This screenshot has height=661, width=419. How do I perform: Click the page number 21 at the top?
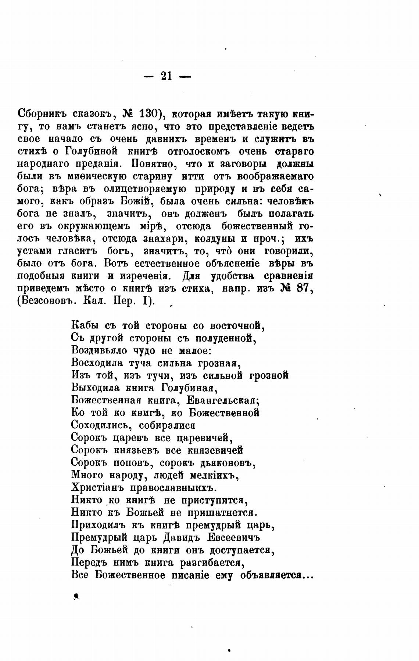coord(166,76)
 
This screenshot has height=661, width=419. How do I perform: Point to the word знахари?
coord(162,239)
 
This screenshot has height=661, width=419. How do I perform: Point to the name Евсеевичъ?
coord(233,538)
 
